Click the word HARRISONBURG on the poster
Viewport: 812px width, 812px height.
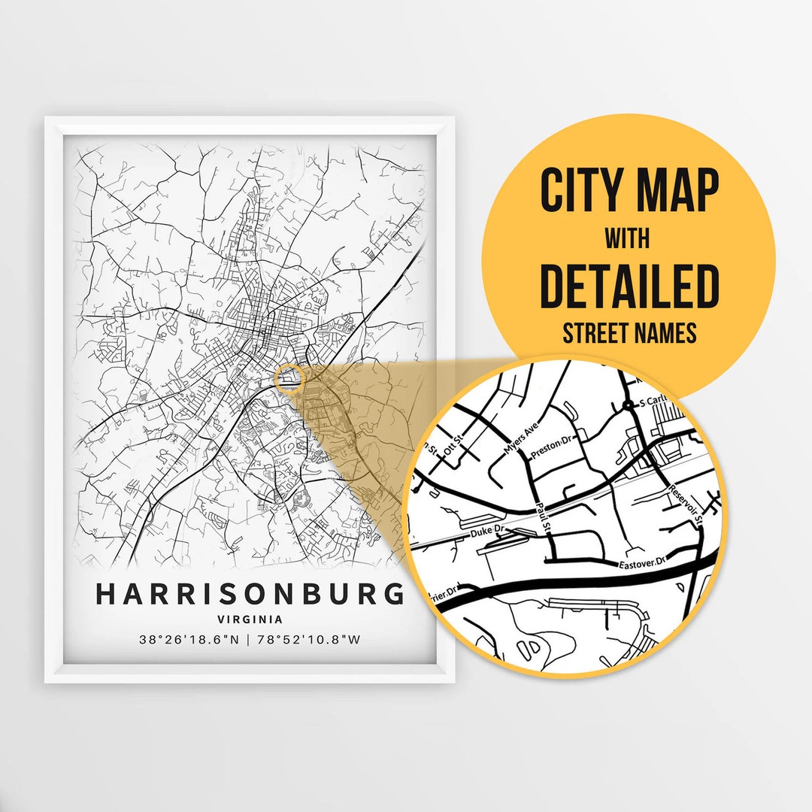coord(250,594)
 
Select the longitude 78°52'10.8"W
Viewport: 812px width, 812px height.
coord(308,641)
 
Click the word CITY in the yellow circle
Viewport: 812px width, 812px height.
coord(578,192)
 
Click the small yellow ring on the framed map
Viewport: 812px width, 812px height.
coord(289,378)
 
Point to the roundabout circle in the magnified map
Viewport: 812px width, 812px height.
coord(627,406)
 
